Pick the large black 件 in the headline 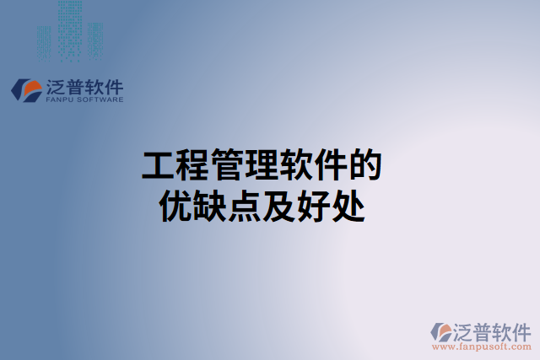coord(331,166)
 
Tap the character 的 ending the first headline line coord(364,166)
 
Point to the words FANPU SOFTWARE coord(83,99)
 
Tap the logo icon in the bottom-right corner coord(442,331)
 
